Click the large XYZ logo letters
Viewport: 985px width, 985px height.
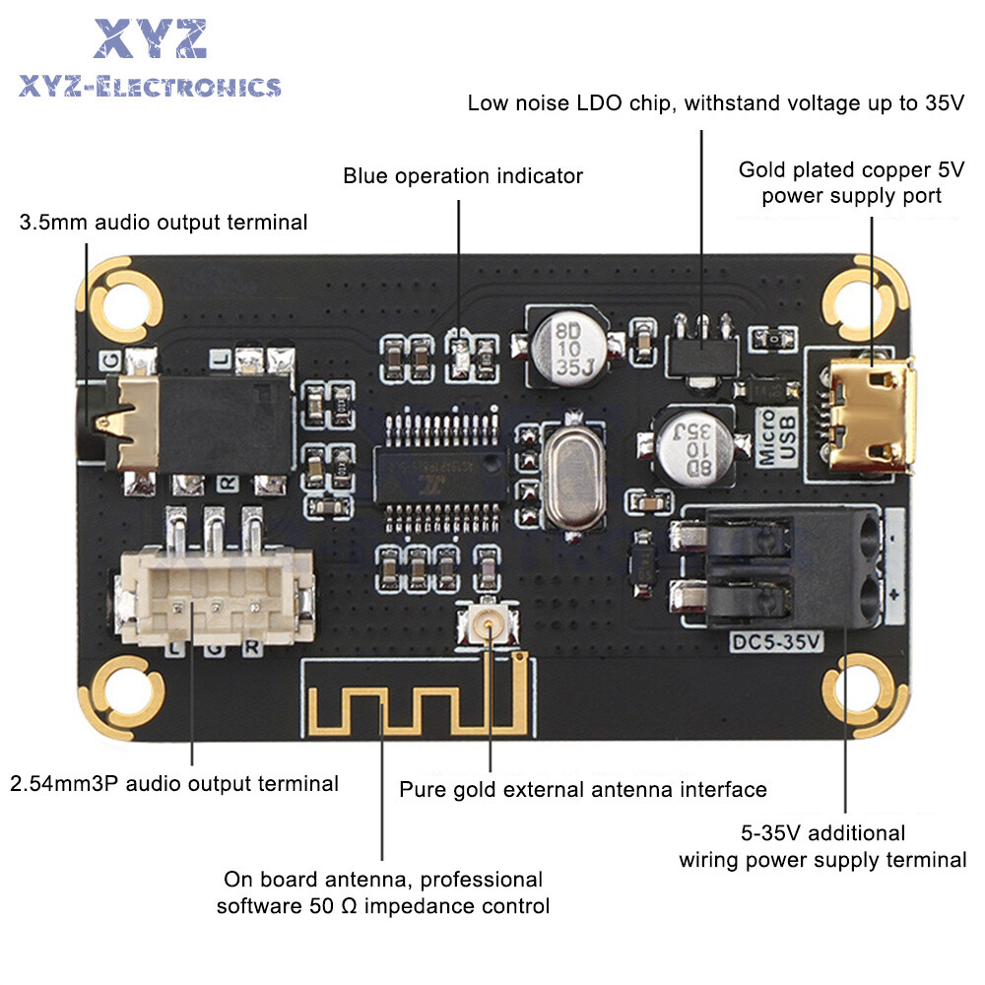point(150,39)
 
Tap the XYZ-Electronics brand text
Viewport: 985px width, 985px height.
point(150,88)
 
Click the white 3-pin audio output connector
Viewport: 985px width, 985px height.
point(215,595)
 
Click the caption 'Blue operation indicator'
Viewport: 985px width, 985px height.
point(463,176)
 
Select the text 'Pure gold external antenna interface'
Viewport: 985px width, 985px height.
point(582,789)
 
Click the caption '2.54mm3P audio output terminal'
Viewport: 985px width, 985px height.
point(174,784)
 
